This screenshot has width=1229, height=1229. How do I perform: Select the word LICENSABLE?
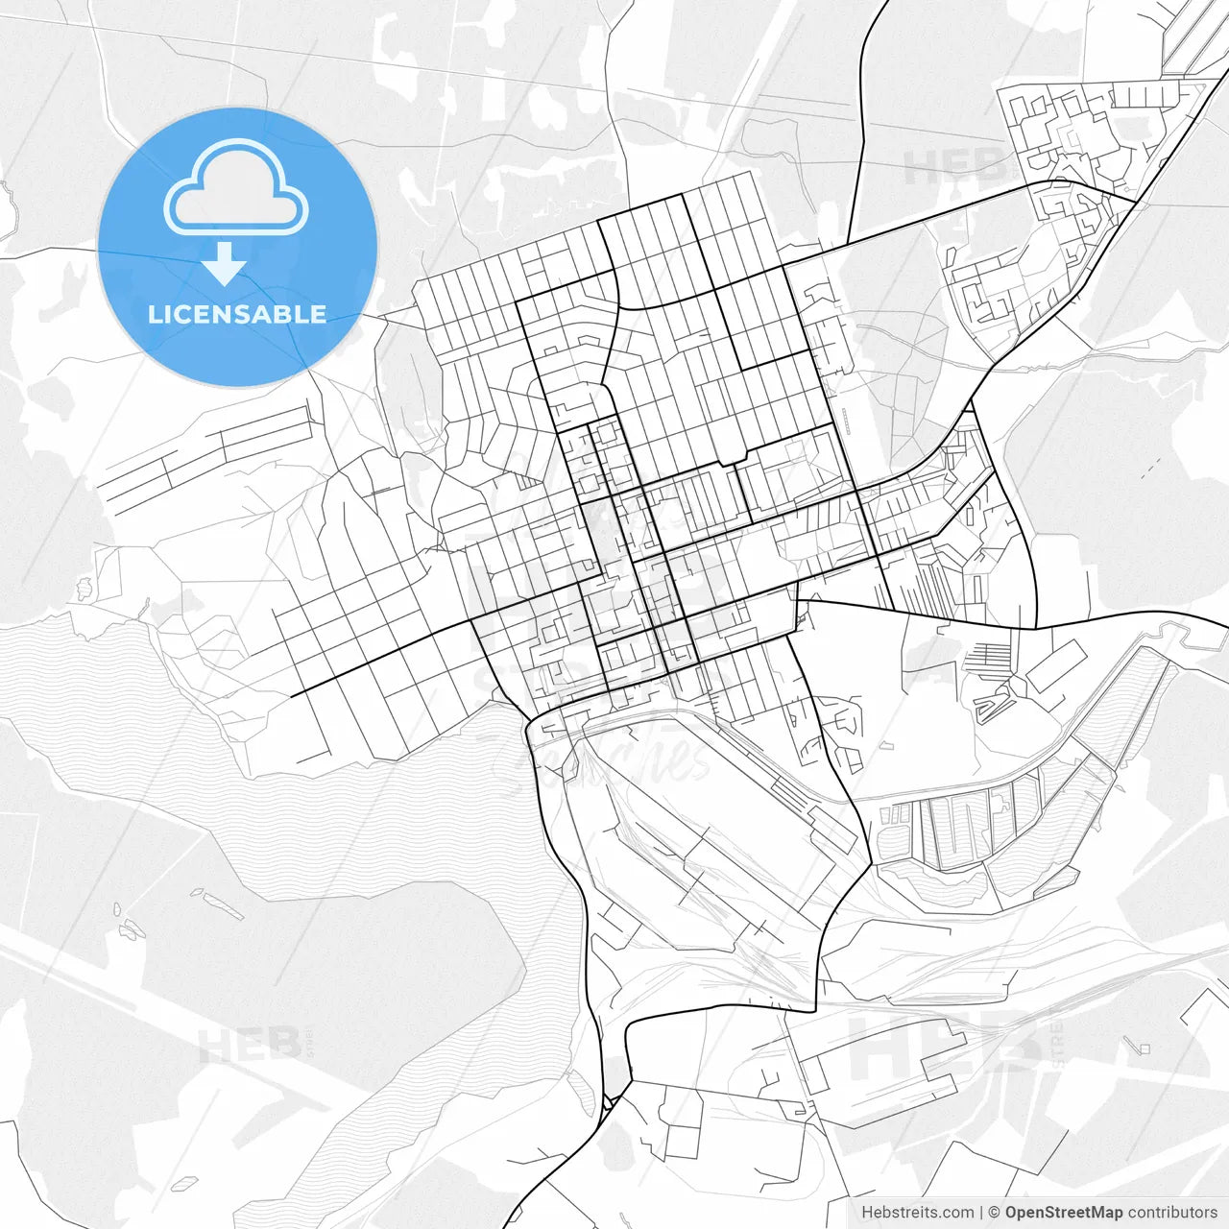click(x=237, y=314)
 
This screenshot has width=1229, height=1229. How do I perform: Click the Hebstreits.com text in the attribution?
click(x=917, y=1213)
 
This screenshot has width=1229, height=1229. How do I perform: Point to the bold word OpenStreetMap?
click(x=1063, y=1213)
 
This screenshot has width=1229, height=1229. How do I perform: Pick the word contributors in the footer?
click(x=1172, y=1213)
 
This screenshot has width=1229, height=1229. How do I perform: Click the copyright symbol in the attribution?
click(x=995, y=1213)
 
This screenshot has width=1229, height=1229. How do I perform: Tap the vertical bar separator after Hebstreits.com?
click(x=982, y=1213)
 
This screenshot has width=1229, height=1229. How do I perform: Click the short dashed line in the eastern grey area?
click(x=1150, y=468)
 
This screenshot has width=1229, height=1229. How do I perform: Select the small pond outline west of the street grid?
click(x=84, y=585)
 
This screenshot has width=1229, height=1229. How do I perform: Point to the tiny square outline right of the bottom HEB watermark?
click(x=1143, y=1048)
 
